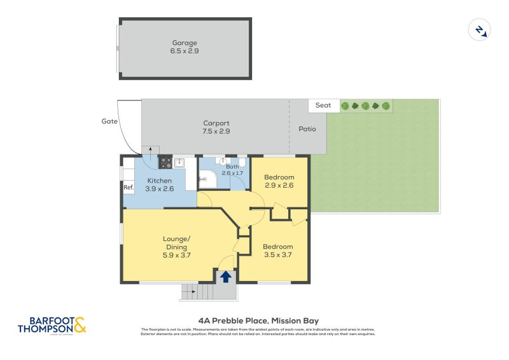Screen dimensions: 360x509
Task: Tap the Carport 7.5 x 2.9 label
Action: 216,127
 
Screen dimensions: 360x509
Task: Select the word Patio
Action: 307,129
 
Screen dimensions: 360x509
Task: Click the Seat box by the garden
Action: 323,106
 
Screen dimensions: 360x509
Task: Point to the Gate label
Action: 109,121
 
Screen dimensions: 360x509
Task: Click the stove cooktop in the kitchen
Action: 165,163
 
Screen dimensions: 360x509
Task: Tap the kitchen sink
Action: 179,163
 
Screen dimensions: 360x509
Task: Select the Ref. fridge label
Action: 129,188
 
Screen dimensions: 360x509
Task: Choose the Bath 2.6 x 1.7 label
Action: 232,170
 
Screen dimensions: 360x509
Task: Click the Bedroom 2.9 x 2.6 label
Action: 279,181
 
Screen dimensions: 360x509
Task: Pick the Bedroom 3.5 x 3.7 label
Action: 278,251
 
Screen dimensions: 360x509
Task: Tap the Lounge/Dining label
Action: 176,247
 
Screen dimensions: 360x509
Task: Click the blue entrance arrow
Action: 225,277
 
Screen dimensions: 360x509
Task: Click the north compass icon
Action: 478,30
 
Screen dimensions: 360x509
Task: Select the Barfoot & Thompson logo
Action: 52,325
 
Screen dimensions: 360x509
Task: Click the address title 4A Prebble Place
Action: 258,321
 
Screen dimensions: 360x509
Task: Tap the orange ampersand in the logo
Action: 80,325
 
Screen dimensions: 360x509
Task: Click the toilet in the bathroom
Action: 241,163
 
